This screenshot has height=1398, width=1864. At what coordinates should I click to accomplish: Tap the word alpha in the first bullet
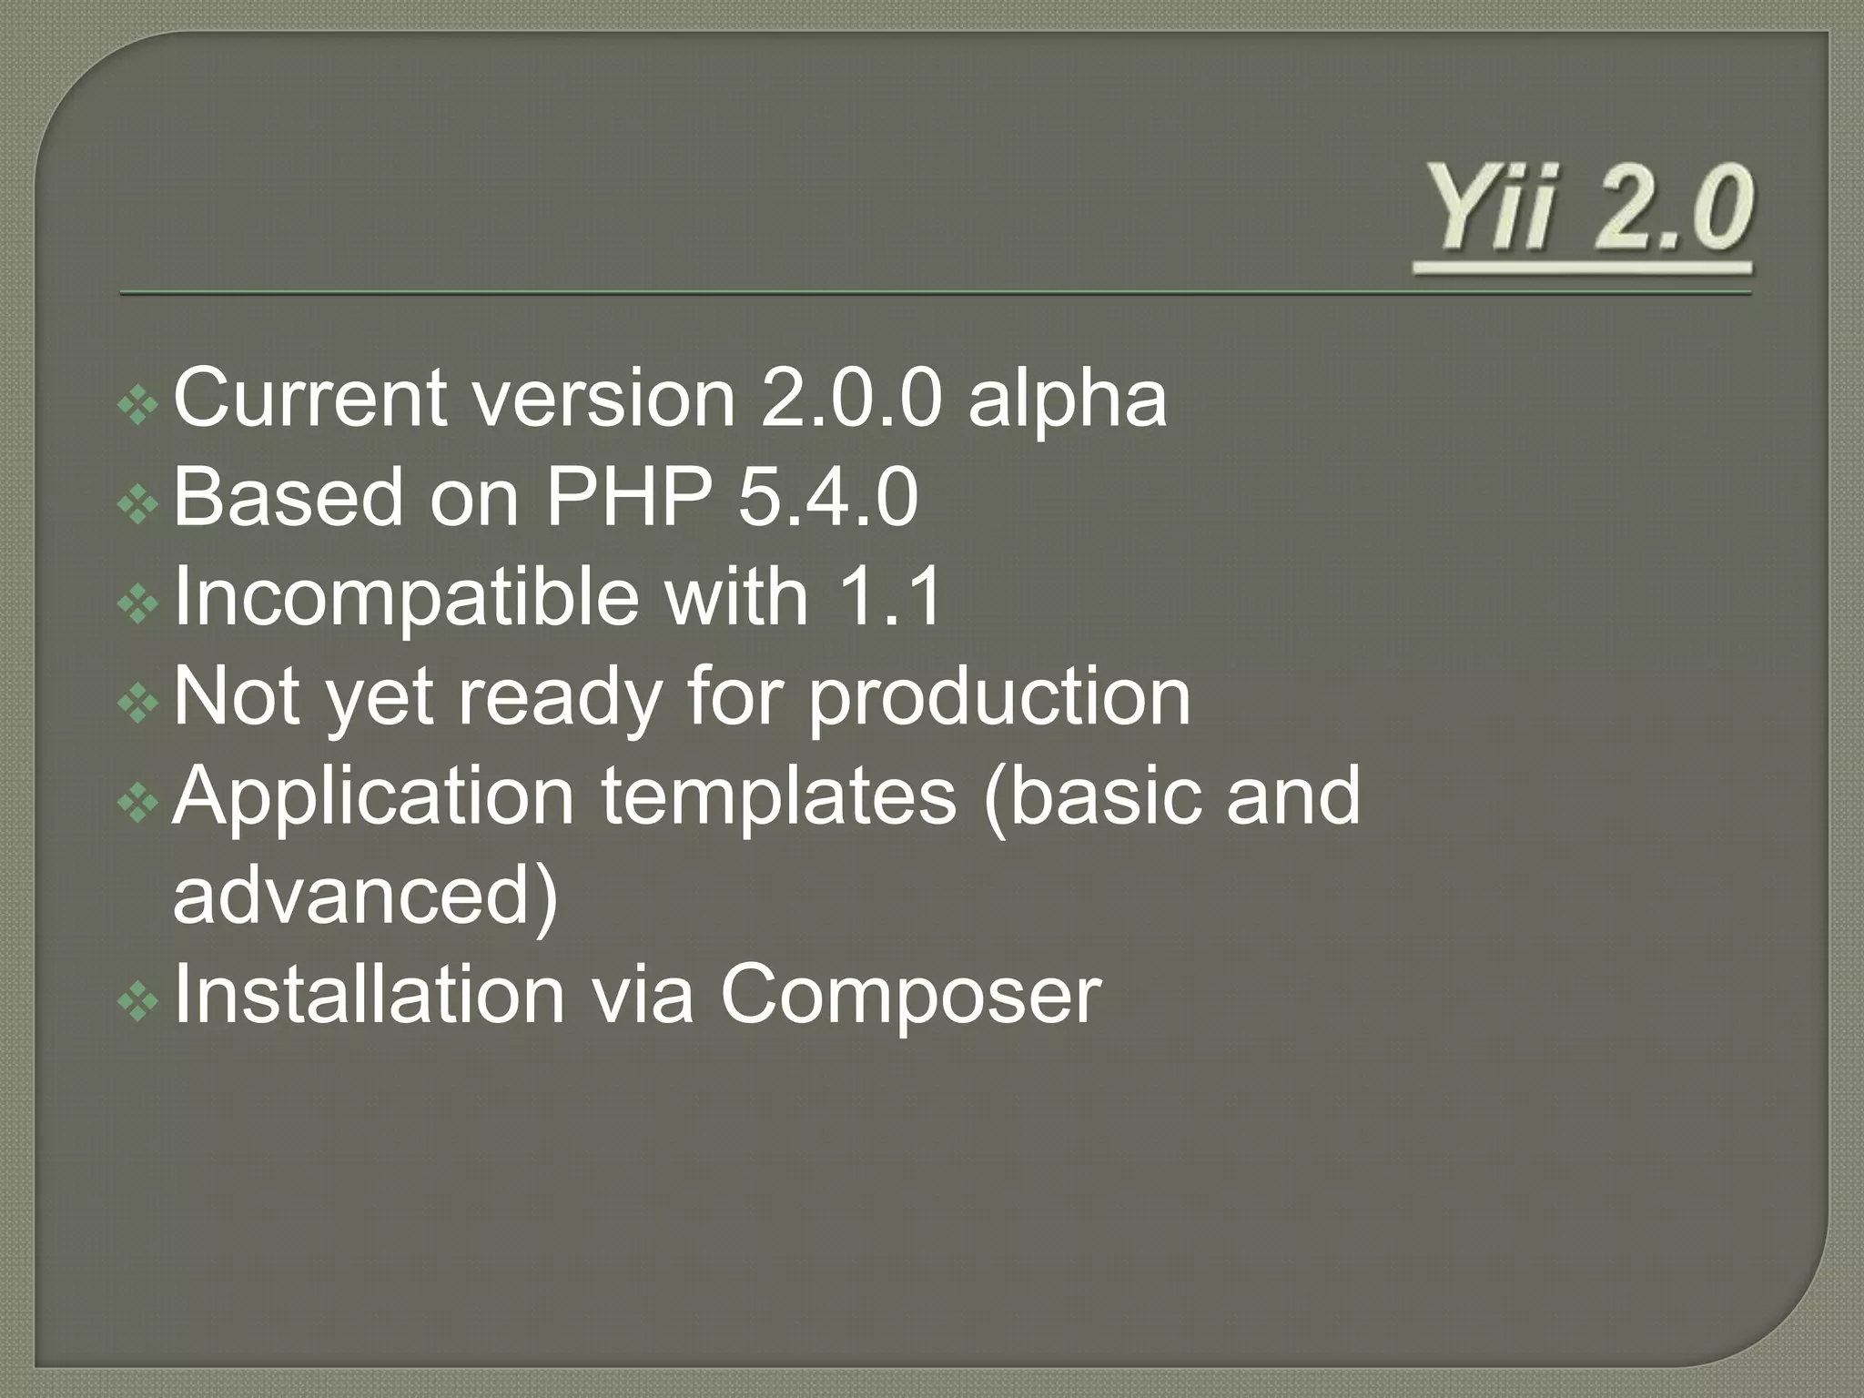[1067, 400]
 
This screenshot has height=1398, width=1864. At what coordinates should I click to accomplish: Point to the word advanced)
[365, 897]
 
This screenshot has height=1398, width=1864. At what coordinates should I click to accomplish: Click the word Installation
[370, 995]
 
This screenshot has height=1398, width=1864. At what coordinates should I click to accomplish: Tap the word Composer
[911, 997]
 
